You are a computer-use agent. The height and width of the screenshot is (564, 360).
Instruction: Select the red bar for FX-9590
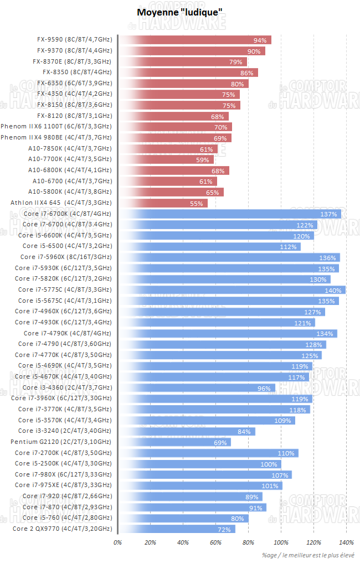194,40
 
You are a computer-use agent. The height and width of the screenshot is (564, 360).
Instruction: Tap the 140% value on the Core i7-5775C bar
333,290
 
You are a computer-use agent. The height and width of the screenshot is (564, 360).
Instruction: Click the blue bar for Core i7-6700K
230,214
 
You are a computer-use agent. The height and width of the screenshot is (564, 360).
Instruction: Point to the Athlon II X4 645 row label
61,203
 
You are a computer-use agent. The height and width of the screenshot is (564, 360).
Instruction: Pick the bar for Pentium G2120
174,442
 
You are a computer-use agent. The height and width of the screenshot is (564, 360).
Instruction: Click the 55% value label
197,204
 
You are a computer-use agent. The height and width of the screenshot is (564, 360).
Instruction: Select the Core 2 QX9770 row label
62,529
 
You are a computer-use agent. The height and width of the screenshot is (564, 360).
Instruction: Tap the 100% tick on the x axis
281,542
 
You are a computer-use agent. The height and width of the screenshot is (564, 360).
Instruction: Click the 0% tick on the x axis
117,542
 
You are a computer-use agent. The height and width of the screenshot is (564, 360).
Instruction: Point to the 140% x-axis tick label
346,542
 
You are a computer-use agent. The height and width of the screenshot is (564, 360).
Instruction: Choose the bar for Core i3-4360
197,387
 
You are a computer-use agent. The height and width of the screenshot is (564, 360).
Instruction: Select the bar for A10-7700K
166,159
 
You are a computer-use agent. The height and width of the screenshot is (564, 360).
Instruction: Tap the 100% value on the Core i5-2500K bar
269,464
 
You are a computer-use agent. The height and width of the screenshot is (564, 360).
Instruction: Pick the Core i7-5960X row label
66,257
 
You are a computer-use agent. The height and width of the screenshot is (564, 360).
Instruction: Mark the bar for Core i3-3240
187,431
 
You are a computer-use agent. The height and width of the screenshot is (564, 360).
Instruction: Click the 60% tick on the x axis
215,542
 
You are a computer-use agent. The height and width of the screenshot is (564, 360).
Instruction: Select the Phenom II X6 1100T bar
174,127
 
